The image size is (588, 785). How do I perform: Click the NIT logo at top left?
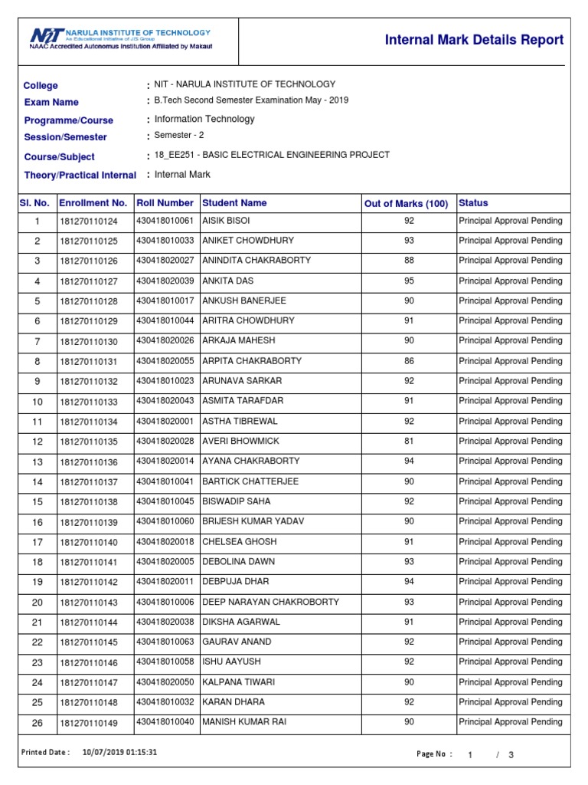click(x=46, y=36)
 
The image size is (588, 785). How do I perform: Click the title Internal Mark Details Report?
click(x=474, y=40)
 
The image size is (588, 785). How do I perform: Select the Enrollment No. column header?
click(x=93, y=203)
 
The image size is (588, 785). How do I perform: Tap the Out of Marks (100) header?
click(x=406, y=203)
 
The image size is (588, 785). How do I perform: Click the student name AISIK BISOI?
click(x=226, y=221)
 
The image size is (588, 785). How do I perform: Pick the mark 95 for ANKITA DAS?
click(x=409, y=281)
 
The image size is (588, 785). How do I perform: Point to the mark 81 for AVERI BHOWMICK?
click(x=409, y=442)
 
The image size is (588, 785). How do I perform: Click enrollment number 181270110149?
click(x=89, y=723)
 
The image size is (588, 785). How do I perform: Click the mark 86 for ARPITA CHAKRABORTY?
click(x=409, y=361)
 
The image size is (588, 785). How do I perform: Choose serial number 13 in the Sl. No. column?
click(x=37, y=462)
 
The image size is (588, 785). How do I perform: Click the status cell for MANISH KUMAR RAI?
click(x=510, y=722)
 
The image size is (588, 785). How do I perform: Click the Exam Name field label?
click(x=51, y=102)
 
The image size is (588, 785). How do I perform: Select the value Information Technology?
click(x=204, y=119)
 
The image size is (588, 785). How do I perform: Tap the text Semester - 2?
click(x=179, y=136)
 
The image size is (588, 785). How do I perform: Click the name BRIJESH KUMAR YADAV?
click(x=253, y=521)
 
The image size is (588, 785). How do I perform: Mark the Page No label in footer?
click(x=431, y=754)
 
